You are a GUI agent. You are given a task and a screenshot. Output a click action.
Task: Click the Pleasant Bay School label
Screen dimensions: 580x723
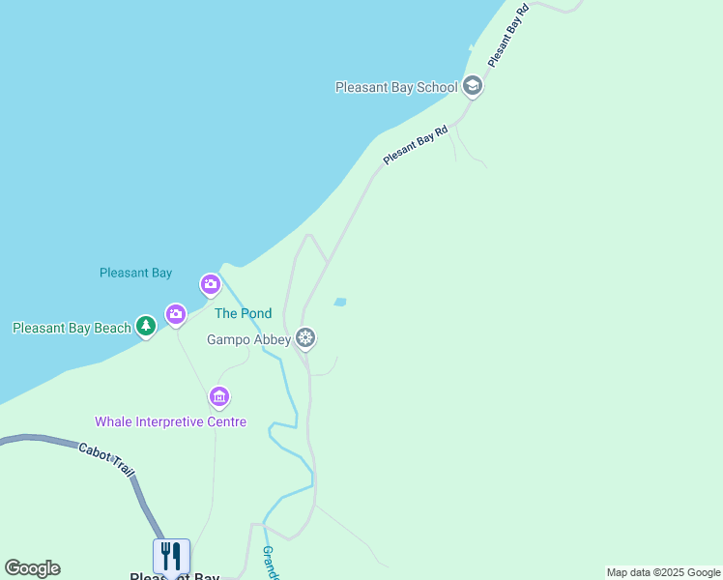[395, 87]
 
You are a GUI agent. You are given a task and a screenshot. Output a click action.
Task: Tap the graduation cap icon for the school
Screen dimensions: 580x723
[472, 87]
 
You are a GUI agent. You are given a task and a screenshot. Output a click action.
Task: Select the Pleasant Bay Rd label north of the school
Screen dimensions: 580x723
[507, 36]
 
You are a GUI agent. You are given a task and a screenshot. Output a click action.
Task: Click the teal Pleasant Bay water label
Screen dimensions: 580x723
[135, 274]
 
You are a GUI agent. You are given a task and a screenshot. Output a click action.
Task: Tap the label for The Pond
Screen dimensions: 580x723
[243, 313]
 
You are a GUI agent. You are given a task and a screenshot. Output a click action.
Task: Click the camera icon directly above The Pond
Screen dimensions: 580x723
[211, 284]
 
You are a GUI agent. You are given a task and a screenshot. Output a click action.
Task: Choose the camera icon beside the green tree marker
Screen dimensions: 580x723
[175, 314]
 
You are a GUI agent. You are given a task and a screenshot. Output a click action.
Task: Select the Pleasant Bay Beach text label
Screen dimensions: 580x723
[72, 328]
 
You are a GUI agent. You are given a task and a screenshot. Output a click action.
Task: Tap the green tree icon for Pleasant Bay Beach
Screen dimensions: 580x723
[146, 327]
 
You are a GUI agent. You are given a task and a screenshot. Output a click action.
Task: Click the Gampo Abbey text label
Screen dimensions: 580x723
[248, 339]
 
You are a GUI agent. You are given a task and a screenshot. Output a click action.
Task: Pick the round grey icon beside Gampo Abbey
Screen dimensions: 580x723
[305, 338]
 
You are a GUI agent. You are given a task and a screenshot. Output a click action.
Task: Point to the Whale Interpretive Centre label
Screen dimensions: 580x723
[170, 421]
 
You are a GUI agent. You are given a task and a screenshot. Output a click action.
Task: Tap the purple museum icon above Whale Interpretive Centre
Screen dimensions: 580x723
[219, 396]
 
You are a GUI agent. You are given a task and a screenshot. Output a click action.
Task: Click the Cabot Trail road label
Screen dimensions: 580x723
[107, 457]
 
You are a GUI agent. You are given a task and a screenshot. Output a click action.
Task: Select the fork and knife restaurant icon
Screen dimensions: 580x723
[171, 556]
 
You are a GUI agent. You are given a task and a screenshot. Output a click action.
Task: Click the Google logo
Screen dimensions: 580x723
[32, 568]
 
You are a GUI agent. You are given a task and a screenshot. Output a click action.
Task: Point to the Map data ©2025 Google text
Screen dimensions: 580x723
[663, 572]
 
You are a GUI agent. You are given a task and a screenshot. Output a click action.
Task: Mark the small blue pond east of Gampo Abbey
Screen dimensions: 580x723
[340, 303]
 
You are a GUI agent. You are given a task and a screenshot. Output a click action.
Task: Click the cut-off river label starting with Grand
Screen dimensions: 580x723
[270, 563]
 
